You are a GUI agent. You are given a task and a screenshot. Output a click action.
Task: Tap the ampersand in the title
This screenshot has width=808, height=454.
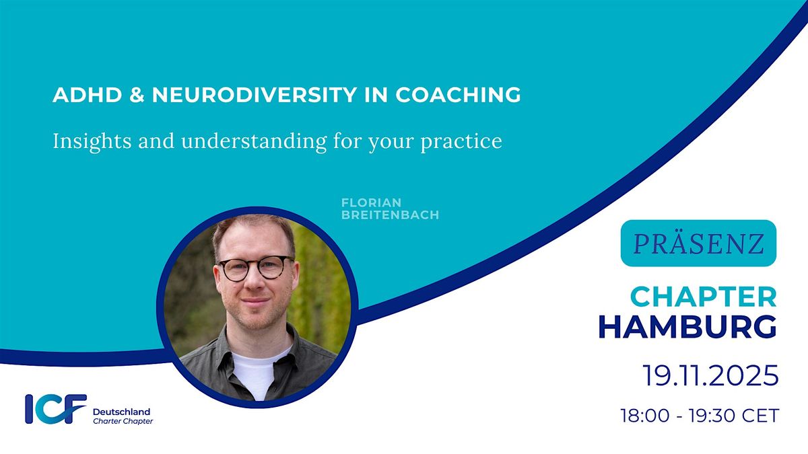click(x=137, y=95)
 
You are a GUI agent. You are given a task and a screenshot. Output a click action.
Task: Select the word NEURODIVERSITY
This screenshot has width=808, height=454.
click(x=255, y=95)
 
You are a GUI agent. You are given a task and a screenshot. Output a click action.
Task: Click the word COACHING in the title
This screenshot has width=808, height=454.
click(x=458, y=95)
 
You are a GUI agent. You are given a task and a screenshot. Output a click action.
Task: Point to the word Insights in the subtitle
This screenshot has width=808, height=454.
click(x=92, y=141)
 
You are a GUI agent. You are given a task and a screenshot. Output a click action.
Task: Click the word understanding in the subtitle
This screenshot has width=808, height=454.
click(x=254, y=141)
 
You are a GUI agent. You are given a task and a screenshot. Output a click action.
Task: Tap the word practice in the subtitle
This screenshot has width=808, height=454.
click(x=461, y=142)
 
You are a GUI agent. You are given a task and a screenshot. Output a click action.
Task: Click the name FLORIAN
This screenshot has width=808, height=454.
click(x=371, y=202)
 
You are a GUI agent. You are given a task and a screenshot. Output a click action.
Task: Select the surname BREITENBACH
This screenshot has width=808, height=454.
click(x=390, y=215)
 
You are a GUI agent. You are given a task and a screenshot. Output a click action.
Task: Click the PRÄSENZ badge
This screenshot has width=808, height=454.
click(x=698, y=243)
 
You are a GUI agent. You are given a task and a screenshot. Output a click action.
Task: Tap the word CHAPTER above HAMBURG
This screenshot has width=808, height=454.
click(x=704, y=297)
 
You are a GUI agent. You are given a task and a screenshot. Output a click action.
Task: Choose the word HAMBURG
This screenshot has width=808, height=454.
click(x=687, y=327)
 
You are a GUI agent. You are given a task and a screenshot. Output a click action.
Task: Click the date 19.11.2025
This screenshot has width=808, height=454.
click(x=710, y=375)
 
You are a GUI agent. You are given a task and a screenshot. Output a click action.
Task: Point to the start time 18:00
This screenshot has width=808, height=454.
click(x=645, y=416)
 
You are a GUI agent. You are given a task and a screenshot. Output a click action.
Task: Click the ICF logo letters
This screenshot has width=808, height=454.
click(x=56, y=409)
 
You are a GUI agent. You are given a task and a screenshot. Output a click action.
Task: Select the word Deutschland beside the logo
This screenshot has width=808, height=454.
click(x=122, y=412)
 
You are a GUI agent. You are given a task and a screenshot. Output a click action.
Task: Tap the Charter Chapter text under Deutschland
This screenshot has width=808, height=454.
click(x=123, y=421)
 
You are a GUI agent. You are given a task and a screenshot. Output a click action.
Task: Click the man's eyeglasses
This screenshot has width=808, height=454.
click(x=256, y=268)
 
